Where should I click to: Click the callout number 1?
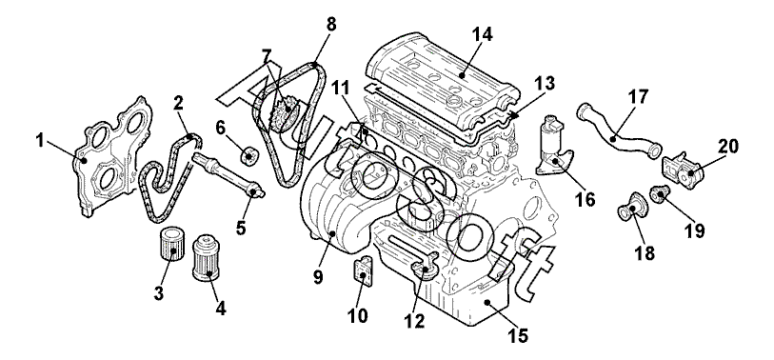pos(41,141)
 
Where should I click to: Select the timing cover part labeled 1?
pos(111,157)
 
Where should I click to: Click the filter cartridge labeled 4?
pos(206,257)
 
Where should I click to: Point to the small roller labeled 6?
pos(249,154)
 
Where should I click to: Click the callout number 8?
pos(330,25)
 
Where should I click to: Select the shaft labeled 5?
pos(229,175)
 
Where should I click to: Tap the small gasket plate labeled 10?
pos(363,272)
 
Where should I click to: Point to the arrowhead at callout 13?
pos(515,116)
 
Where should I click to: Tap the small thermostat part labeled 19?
pos(659,193)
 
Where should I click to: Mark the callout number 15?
pos(517,335)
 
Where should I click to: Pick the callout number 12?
pos(413,321)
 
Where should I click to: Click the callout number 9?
pos(318,277)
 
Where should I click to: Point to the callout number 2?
pos(178,103)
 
